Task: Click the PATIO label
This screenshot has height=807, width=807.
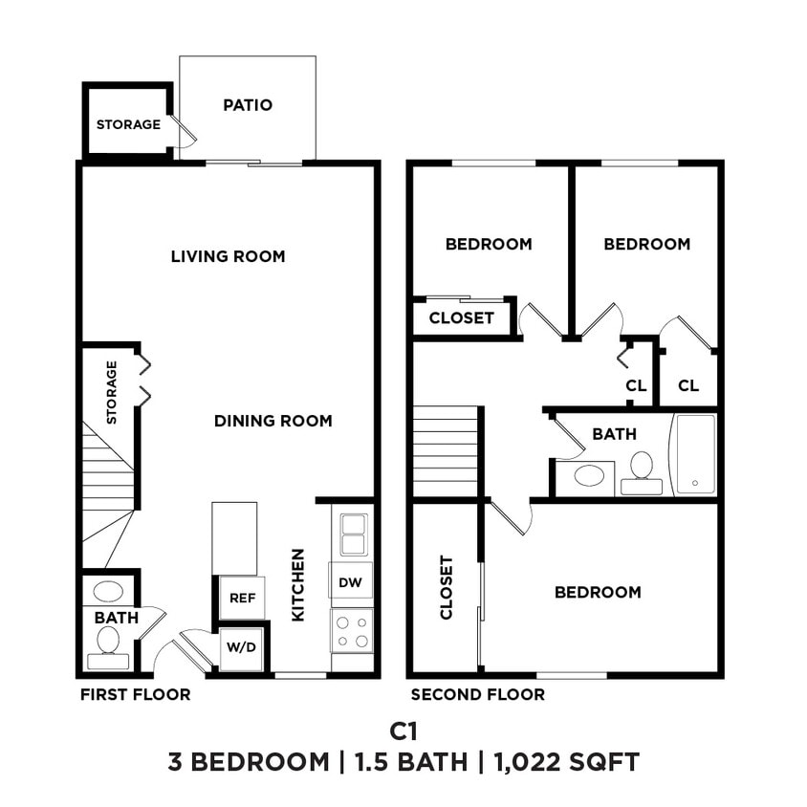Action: (x=248, y=105)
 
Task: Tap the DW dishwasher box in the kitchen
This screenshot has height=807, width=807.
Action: (x=351, y=580)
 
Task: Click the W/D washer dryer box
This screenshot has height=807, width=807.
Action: (x=241, y=647)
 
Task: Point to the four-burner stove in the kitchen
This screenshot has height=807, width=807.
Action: (x=351, y=630)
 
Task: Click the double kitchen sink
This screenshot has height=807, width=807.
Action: (x=352, y=534)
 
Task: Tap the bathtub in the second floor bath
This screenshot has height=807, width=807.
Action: (x=695, y=453)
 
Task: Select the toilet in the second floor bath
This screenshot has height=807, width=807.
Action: (x=641, y=471)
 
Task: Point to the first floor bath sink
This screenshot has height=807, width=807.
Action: (x=107, y=591)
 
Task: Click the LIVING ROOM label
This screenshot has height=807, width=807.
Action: (x=228, y=256)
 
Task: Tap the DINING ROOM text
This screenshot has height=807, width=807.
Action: (x=273, y=421)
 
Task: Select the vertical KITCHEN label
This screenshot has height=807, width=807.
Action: (x=297, y=584)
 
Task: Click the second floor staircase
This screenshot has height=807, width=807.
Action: (x=445, y=450)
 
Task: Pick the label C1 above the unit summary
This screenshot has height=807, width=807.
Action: (x=403, y=731)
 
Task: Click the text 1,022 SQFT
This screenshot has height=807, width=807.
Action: (x=567, y=762)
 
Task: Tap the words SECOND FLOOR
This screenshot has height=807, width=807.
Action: (x=477, y=695)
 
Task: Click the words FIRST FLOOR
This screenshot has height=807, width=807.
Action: (x=135, y=694)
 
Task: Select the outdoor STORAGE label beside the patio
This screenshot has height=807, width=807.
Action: (x=128, y=124)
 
